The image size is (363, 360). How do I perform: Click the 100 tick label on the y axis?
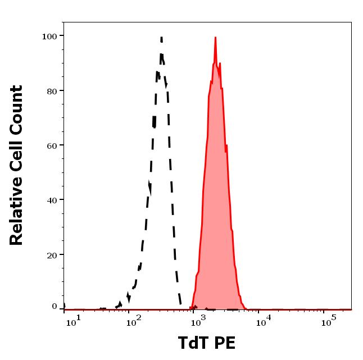point(49,36)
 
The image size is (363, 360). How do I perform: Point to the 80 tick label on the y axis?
point(52,90)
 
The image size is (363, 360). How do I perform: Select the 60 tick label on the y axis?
point(52,145)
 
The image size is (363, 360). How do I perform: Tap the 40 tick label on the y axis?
point(52,200)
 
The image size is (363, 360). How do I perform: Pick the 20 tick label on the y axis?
point(52,254)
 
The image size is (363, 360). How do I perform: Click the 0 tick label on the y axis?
point(55,307)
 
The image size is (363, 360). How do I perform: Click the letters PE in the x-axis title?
point(225,343)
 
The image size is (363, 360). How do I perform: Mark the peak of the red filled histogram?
point(215,38)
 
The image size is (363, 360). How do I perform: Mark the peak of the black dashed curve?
point(161,38)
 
